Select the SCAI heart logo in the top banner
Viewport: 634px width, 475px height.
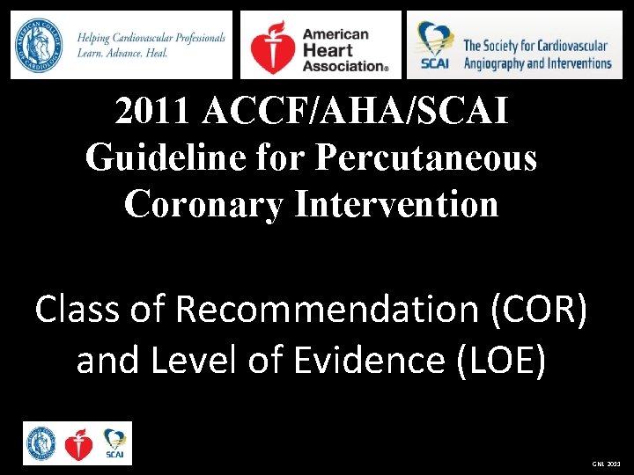[x=436, y=45]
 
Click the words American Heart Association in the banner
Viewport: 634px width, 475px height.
[x=344, y=48]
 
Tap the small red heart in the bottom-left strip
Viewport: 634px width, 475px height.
[x=78, y=445]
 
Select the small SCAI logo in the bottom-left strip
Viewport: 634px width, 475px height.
[x=114, y=442]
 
